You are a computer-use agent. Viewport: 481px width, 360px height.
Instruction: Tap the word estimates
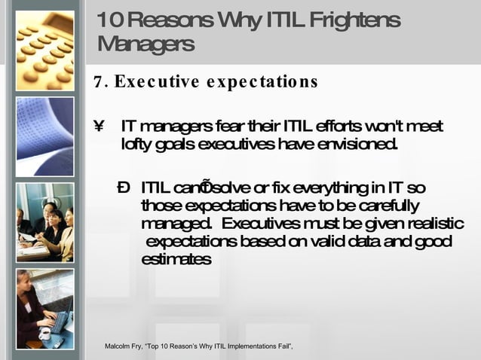(176, 259)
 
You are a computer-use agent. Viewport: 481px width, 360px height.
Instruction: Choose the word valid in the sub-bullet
(326, 241)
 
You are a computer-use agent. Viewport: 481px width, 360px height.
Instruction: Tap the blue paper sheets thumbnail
(45, 136)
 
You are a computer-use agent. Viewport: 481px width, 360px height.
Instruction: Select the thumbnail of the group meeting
(45, 222)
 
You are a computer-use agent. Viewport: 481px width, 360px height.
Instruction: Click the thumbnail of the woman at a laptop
(45, 308)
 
